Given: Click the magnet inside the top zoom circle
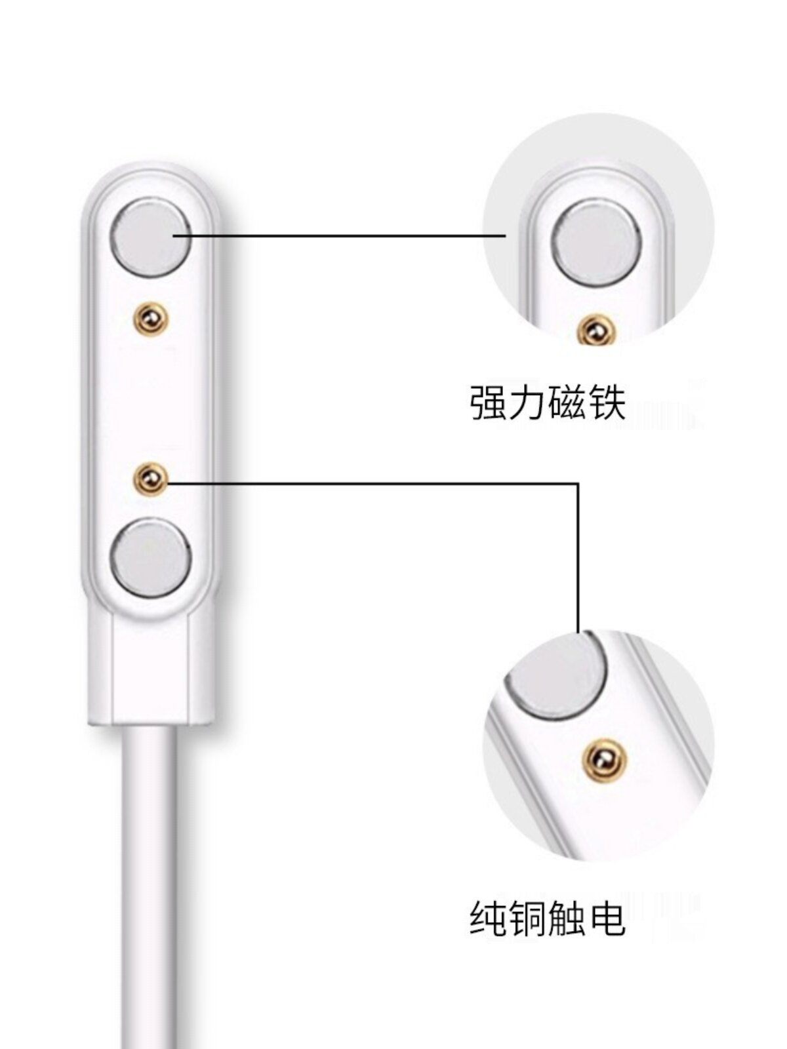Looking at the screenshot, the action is click(x=596, y=239).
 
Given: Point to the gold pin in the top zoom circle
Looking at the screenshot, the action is click(x=595, y=330).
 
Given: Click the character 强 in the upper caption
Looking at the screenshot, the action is click(x=488, y=404).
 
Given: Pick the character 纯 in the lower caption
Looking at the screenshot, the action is click(x=488, y=920).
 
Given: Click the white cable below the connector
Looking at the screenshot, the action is click(x=150, y=885).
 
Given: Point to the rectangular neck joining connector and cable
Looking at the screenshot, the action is click(x=150, y=669).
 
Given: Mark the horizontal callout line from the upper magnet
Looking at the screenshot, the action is click(x=341, y=234).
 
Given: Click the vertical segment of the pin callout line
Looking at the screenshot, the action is click(x=578, y=557).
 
